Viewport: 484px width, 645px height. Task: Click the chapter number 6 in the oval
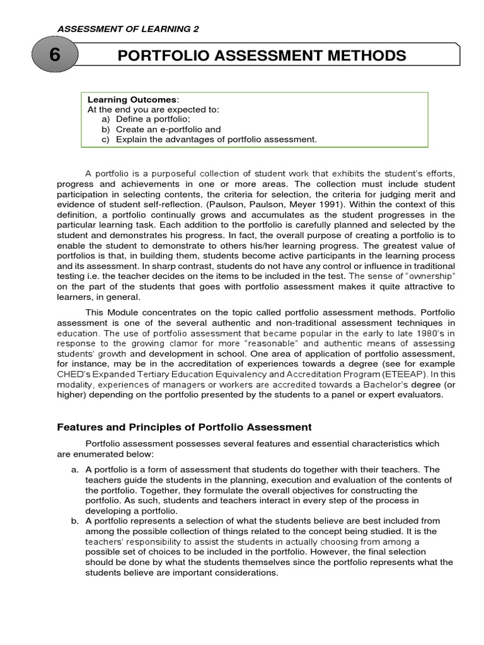point(55,55)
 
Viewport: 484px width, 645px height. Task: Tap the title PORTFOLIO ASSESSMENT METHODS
point(262,55)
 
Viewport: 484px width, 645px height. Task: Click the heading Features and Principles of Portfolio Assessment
point(184,427)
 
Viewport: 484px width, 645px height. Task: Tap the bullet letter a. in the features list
point(74,470)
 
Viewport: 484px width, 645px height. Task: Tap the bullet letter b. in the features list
point(74,521)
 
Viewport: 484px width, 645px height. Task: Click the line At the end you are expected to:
point(153,109)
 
